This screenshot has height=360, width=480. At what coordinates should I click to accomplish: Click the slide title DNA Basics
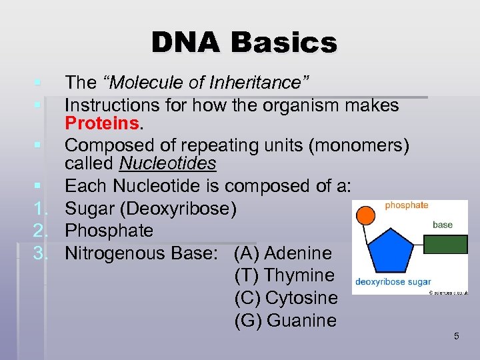(244, 43)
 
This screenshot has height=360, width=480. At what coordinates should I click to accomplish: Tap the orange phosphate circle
(365, 215)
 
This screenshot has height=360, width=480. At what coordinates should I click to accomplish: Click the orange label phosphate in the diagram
(407, 205)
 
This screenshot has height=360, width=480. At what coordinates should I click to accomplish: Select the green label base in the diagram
(443, 225)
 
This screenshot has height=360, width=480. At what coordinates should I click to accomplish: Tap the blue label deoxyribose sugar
(393, 282)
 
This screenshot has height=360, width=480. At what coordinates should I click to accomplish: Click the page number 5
(456, 336)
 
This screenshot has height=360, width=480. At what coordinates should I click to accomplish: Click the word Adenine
(297, 253)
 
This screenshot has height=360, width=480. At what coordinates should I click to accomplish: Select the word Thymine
(299, 275)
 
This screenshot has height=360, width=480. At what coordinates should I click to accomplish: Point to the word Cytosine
(301, 298)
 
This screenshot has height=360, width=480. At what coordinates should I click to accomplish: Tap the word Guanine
(301, 321)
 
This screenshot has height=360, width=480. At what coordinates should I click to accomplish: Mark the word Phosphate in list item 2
(109, 231)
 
